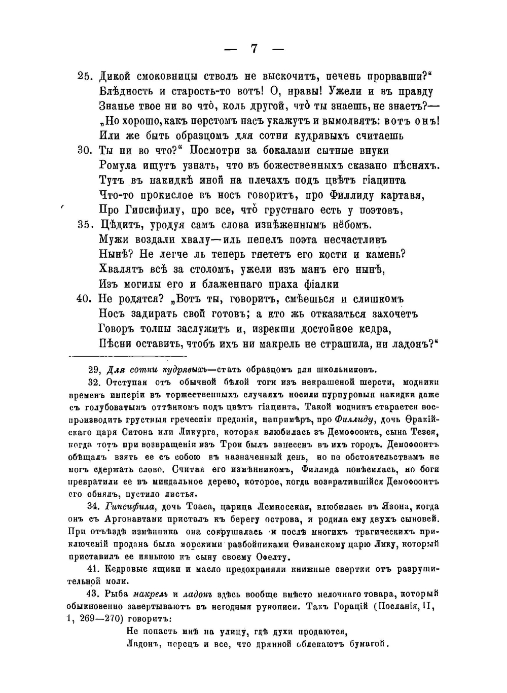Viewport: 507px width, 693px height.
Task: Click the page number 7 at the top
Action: (x=254, y=49)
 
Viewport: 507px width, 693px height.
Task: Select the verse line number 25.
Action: (x=84, y=76)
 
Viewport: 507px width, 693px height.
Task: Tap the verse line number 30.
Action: (x=84, y=150)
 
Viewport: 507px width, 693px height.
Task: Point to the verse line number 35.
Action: (x=84, y=225)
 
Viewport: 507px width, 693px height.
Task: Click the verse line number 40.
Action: (x=84, y=299)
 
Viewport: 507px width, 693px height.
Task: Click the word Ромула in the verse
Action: (x=117, y=165)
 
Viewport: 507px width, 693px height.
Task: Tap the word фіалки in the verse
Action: (x=319, y=284)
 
